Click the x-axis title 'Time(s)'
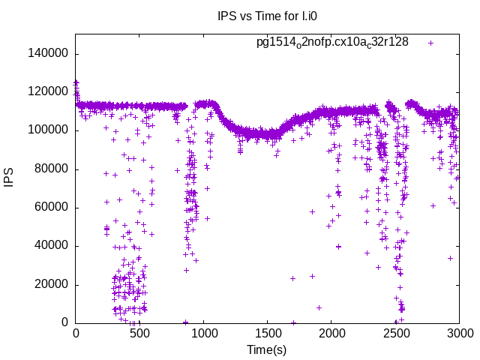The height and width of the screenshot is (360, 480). [267, 350]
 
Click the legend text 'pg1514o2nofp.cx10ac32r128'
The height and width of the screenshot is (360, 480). [332, 43]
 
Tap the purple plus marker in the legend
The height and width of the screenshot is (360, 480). [430, 43]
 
